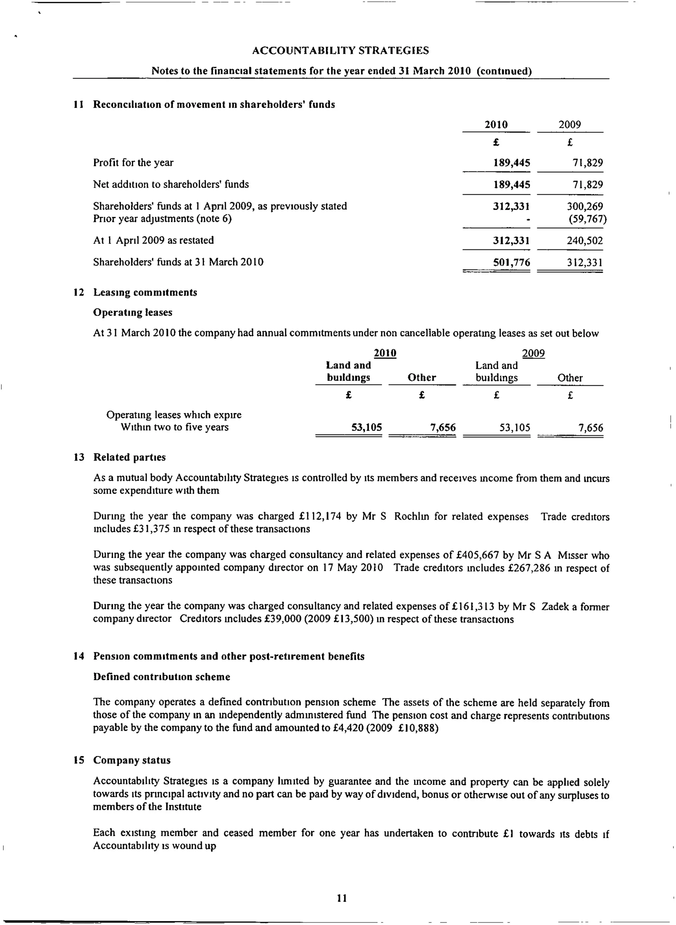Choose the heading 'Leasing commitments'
tap(145, 292)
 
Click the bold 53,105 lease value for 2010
tap(367, 427)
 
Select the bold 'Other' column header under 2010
tap(422, 377)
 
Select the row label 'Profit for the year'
tap(133, 163)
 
